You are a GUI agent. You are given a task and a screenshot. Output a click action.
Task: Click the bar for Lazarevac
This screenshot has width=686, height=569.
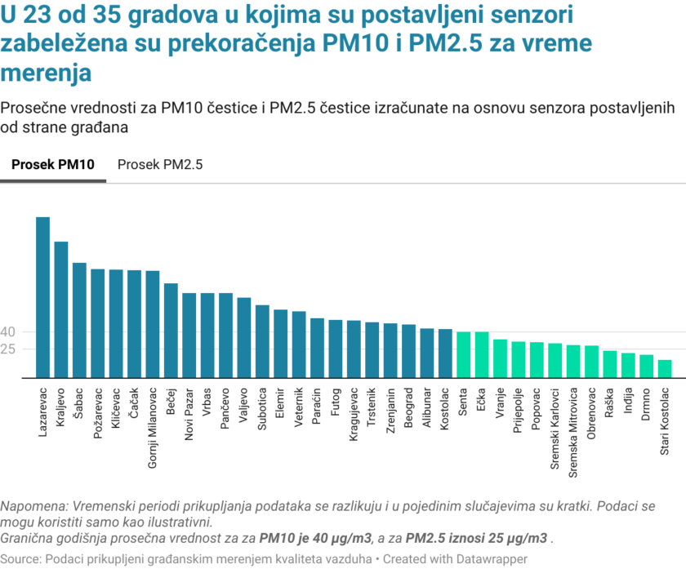tap(42, 297)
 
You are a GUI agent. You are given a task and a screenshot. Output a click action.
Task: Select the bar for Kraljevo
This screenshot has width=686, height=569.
tap(61, 309)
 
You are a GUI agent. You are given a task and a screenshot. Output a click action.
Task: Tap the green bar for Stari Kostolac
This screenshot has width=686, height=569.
tap(665, 369)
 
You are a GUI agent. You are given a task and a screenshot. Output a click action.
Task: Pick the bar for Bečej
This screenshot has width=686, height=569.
tap(171, 331)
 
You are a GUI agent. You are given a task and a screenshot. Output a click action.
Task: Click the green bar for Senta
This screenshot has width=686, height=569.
tap(463, 354)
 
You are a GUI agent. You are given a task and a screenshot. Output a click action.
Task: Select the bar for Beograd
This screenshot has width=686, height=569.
tap(408, 351)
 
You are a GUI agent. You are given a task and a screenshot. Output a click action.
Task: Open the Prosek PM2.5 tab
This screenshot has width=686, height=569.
tap(160, 164)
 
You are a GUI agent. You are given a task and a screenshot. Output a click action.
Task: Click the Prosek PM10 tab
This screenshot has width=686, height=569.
tap(53, 164)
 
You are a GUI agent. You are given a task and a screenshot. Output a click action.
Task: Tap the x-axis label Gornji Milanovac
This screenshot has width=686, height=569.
tap(153, 423)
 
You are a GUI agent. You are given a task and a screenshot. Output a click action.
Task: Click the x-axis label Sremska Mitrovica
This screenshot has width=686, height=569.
tap(573, 425)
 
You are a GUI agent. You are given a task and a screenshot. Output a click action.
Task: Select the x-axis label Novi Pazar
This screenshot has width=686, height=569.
tap(189, 413)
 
